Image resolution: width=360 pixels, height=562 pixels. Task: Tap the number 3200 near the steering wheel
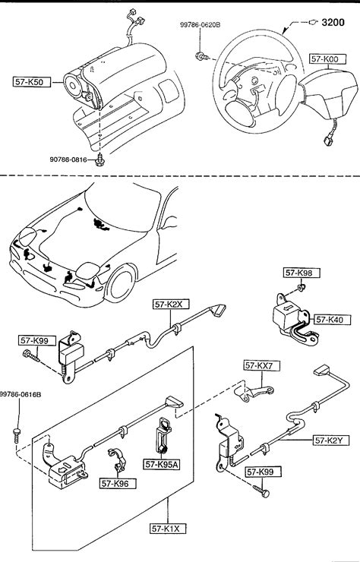[333, 23]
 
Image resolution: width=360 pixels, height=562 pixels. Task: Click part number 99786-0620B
[200, 25]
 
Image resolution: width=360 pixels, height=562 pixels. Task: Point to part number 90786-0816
[68, 159]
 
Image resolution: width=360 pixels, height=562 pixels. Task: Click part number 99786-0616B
[21, 395]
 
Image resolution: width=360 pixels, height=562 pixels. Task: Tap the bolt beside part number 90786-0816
[99, 160]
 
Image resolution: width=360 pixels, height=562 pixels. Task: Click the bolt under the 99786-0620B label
[202, 56]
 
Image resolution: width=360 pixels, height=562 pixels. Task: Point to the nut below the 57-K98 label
[302, 287]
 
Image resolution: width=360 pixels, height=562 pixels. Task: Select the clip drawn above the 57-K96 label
[116, 459]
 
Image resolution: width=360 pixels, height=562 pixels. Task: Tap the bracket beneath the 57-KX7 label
[254, 392]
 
